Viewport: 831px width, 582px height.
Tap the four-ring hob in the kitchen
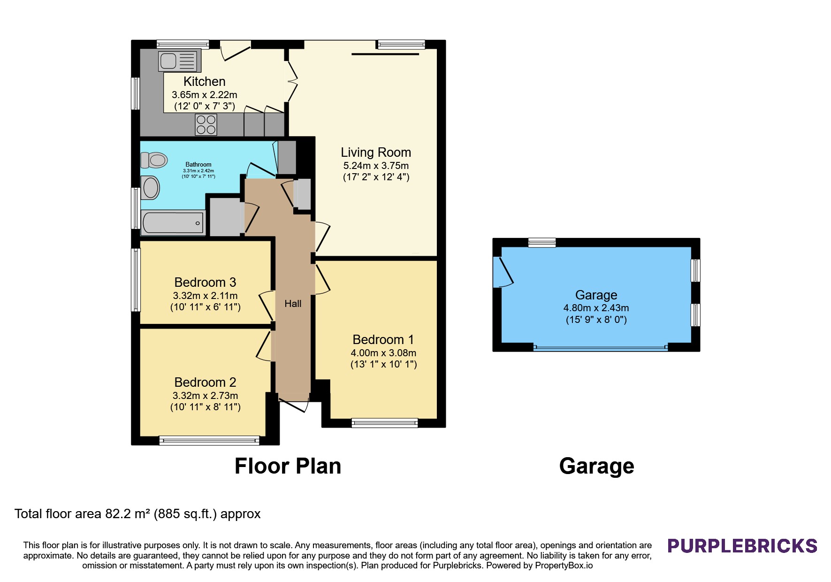[x=206, y=124]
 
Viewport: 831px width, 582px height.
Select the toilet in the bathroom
[x=154, y=160]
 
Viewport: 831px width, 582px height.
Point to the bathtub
[x=173, y=223]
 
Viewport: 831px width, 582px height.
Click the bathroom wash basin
[x=150, y=188]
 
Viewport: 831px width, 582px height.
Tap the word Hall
[x=293, y=304]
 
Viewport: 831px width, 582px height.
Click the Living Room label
[x=376, y=153]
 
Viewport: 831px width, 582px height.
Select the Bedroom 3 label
[x=205, y=282]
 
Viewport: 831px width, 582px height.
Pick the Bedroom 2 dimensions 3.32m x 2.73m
[x=206, y=396]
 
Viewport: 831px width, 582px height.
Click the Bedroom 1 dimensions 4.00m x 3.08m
[x=383, y=353]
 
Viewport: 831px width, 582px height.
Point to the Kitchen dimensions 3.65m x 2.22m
[x=205, y=95]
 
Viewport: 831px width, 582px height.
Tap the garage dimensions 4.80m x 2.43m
[x=596, y=308]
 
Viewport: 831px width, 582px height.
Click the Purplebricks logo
[x=742, y=546]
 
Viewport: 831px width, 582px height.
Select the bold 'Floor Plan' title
[x=288, y=466]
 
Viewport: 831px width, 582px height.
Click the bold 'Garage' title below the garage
[x=596, y=466]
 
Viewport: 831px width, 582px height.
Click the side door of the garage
[x=503, y=272]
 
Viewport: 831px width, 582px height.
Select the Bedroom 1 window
[x=385, y=423]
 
